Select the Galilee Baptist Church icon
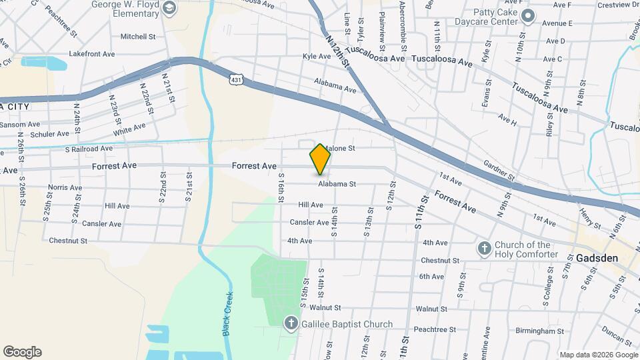291,324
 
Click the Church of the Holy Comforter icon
485,249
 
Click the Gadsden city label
598,258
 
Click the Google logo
22,352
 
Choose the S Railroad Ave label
89,149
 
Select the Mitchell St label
138,37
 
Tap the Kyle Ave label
317,57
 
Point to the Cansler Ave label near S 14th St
309,222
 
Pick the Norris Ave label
65,188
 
